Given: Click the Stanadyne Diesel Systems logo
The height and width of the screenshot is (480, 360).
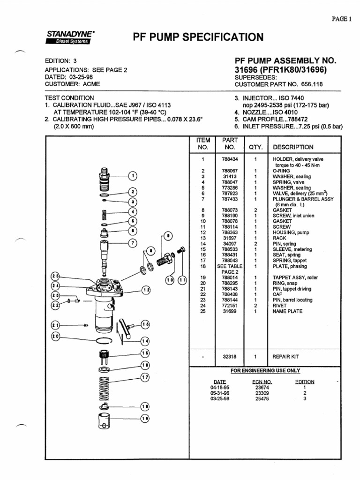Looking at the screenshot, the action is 70,37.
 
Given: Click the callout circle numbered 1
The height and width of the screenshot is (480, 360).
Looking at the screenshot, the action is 133,176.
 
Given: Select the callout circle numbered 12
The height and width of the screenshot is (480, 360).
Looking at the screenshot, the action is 146,290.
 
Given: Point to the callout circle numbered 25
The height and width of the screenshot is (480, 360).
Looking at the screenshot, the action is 55,276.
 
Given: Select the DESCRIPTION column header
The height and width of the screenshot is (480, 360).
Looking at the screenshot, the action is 293,147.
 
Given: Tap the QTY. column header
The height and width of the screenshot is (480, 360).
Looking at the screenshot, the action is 255,147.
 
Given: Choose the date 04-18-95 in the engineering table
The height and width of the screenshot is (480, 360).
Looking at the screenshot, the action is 219,388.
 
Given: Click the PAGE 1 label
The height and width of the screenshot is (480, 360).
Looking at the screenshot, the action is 341,19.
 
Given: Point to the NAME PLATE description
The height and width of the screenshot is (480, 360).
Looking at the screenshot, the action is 288,311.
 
